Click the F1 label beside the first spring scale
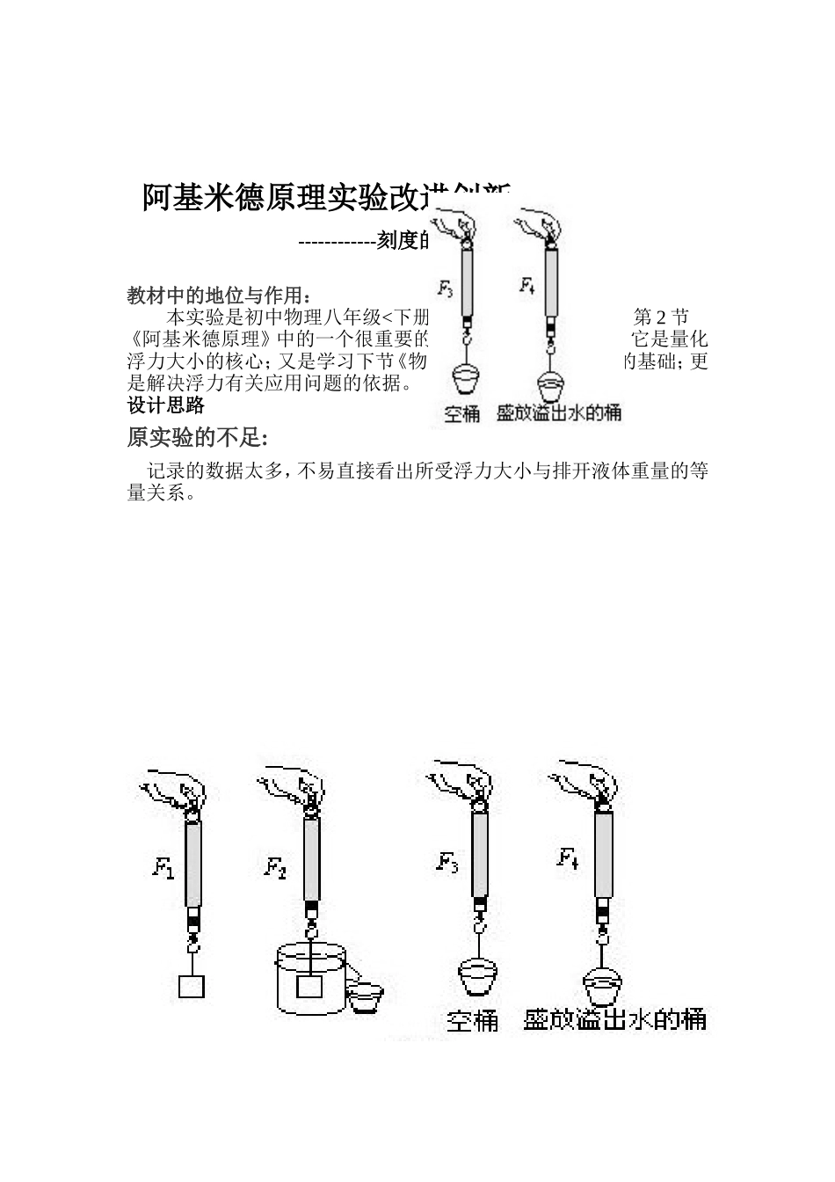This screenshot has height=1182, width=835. click(163, 868)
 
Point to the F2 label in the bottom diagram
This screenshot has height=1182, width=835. click(275, 868)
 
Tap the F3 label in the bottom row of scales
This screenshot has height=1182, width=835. click(447, 863)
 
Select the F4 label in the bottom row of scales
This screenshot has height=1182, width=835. click(568, 857)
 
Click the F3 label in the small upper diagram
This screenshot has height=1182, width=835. click(446, 288)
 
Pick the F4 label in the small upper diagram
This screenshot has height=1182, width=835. click(526, 285)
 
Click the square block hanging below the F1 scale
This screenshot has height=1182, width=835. click(192, 986)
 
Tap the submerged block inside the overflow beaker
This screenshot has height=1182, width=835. click(309, 986)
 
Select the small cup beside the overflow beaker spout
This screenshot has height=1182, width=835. click(364, 997)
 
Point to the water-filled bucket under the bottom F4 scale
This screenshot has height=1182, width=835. click(602, 985)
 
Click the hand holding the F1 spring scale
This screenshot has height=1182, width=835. click(171, 787)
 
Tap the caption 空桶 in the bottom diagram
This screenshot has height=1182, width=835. click(473, 1020)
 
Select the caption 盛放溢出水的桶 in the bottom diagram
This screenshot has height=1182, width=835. click(614, 1019)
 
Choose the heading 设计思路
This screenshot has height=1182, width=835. click(166, 405)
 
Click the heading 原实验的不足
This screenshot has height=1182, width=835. click(197, 437)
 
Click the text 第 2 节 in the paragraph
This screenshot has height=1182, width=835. click(661, 317)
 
